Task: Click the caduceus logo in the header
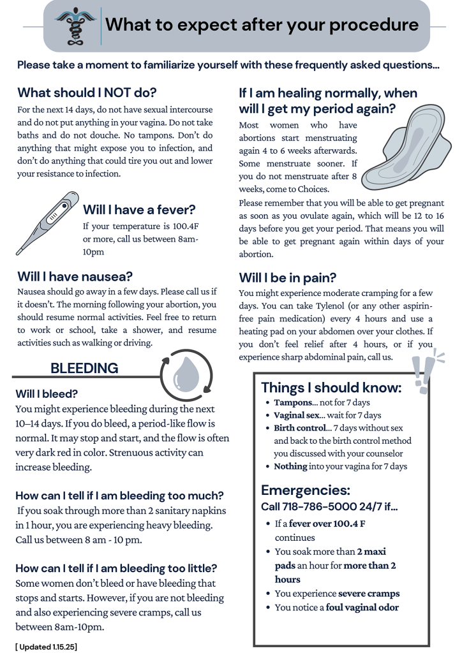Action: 76,26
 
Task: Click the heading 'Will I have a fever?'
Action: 139,210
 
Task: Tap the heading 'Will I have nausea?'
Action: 75,276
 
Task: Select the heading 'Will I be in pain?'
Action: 287,277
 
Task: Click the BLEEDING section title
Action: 84,368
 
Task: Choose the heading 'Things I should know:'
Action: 331,388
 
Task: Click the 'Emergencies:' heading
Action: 306,490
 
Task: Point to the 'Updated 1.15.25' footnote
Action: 46,646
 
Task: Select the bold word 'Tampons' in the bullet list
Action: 293,402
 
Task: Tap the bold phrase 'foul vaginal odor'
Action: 362,607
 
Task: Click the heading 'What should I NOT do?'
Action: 87,92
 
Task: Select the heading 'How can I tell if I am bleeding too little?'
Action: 116,568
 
